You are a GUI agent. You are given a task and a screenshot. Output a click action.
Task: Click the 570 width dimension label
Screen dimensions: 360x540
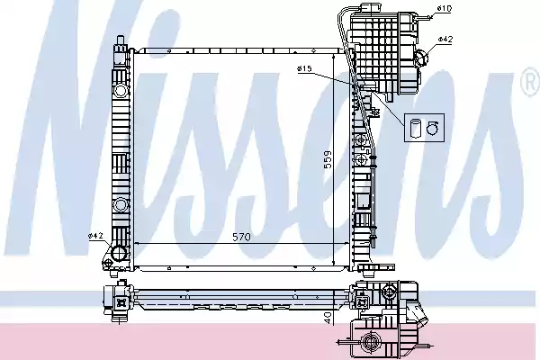coord(241,238)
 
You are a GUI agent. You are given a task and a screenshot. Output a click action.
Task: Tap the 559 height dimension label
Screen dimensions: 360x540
coord(328,159)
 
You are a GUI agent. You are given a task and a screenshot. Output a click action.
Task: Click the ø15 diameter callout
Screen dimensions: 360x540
coord(303,68)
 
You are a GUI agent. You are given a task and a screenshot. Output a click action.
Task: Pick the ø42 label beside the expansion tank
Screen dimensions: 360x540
coord(445,40)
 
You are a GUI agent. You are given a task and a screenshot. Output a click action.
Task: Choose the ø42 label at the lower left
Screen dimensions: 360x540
coord(95,236)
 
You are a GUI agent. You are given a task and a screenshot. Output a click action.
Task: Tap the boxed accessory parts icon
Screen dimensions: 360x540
coord(421,128)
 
